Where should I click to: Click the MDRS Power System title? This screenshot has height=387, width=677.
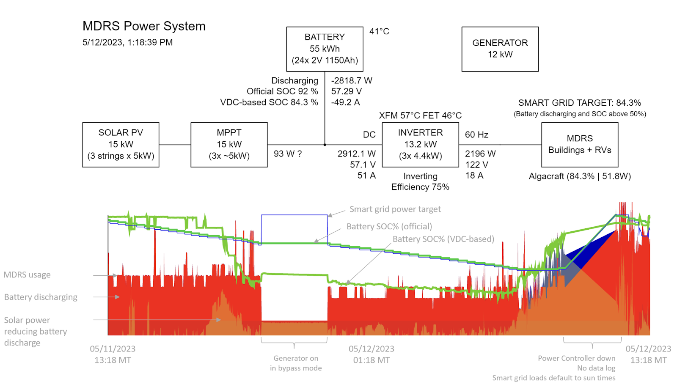pyautogui.click(x=144, y=26)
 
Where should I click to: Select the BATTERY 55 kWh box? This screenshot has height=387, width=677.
pyautogui.click(x=325, y=49)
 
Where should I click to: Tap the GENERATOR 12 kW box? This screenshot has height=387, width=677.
pyautogui.click(x=500, y=49)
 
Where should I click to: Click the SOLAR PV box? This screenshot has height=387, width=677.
pyautogui.click(x=121, y=145)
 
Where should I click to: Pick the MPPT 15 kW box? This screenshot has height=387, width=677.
pyautogui.click(x=229, y=145)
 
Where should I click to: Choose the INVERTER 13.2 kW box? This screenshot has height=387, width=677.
pyautogui.click(x=420, y=145)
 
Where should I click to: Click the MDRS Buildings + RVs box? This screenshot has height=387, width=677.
pyautogui.click(x=580, y=145)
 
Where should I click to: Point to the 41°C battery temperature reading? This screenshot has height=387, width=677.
pyautogui.click(x=379, y=32)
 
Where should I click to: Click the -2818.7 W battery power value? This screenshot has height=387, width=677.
pyautogui.click(x=352, y=80)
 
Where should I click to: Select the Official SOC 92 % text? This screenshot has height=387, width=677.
pyautogui.click(x=282, y=91)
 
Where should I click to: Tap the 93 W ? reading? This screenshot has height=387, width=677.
pyautogui.click(x=288, y=154)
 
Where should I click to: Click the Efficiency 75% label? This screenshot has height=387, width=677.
pyautogui.click(x=420, y=187)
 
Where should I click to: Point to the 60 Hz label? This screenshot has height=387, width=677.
pyautogui.click(x=476, y=135)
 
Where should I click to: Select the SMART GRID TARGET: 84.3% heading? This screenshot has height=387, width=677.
pyautogui.click(x=579, y=103)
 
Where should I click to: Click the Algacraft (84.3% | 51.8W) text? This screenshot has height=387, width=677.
pyautogui.click(x=580, y=176)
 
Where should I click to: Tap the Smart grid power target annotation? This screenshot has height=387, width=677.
pyautogui.click(x=395, y=209)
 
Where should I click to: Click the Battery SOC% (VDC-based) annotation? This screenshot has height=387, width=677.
pyautogui.click(x=443, y=239)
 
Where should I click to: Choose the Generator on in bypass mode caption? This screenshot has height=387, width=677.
pyautogui.click(x=296, y=363)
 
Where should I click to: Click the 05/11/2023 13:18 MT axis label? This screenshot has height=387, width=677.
pyautogui.click(x=113, y=354)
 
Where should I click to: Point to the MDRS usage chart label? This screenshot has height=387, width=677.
pyautogui.click(x=27, y=275)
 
